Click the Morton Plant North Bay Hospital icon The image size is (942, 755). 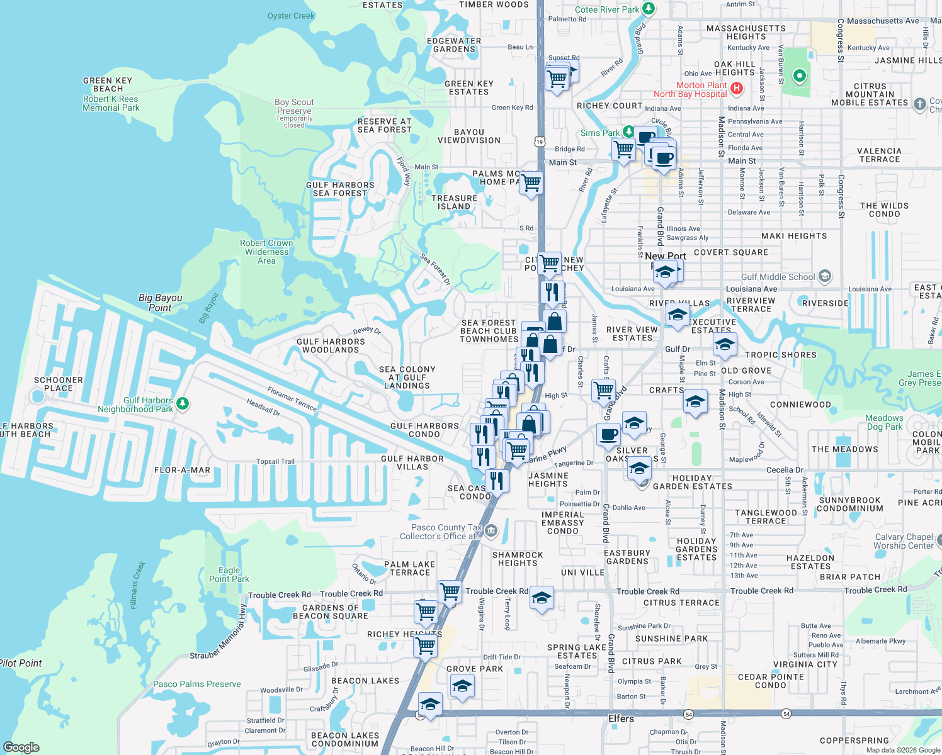pyautogui.click(x=736, y=89)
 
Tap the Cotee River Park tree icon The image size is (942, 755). pyautogui.click(x=649, y=9)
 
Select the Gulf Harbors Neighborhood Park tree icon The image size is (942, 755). pyautogui.click(x=183, y=403)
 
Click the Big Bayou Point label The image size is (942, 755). pyautogui.click(x=160, y=303)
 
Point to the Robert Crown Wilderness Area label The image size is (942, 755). pyautogui.click(x=266, y=252)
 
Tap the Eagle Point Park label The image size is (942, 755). pyautogui.click(x=229, y=574)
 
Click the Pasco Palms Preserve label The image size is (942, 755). pyautogui.click(x=196, y=684)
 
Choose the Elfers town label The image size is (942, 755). pyautogui.click(x=621, y=719)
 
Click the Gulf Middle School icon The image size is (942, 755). pyautogui.click(x=825, y=276)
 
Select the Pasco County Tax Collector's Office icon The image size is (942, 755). pyautogui.click(x=491, y=532)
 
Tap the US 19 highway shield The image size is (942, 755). pyautogui.click(x=540, y=142)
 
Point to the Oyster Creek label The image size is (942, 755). pyautogui.click(x=290, y=16)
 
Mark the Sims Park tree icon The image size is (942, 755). pyautogui.click(x=628, y=131)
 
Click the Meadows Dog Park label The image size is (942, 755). pyautogui.click(x=884, y=422)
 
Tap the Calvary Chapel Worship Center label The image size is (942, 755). pyautogui.click(x=904, y=541)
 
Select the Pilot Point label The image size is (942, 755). pyautogui.click(x=21, y=663)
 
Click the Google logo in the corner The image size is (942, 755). pyautogui.click(x=21, y=747)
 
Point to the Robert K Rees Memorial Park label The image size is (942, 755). pyautogui.click(x=111, y=103)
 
